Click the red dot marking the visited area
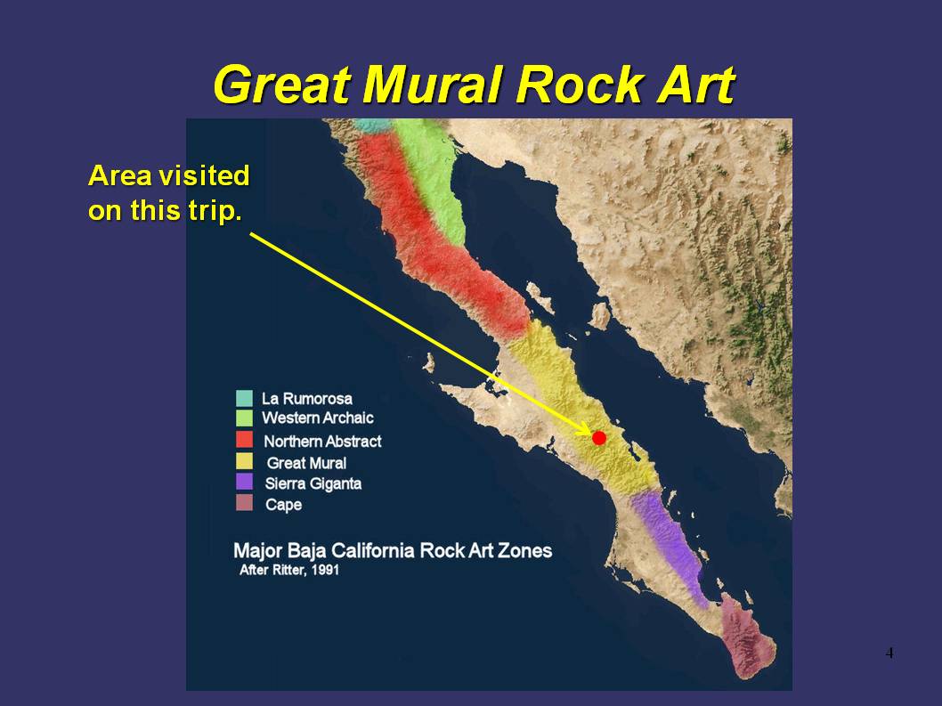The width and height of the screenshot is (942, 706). click(x=599, y=438)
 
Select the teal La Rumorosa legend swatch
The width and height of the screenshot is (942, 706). click(x=245, y=398)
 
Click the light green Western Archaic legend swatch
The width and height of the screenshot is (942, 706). click(x=245, y=418)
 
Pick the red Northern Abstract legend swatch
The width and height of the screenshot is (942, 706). click(x=245, y=440)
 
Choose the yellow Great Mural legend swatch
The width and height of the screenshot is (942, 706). click(x=245, y=461)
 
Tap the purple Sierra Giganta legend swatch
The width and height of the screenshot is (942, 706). click(x=245, y=482)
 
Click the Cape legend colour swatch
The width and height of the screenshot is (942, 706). click(x=245, y=503)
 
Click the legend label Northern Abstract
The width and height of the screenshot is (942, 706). click(x=322, y=442)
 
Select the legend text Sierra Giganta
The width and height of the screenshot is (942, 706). click(x=313, y=483)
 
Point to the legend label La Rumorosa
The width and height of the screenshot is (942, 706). click(x=307, y=399)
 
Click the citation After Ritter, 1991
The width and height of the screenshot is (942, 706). click(x=289, y=570)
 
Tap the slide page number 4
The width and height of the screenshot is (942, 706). click(x=889, y=653)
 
